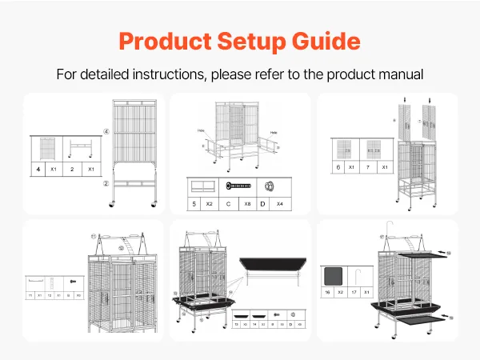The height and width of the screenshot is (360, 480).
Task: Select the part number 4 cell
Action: [x=37, y=170]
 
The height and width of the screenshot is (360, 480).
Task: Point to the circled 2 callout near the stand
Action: [x=105, y=183]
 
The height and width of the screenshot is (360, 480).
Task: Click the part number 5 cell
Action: [x=194, y=204]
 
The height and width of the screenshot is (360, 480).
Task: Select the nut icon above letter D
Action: [x=270, y=186]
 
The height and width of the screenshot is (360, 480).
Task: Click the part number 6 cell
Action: [x=339, y=167]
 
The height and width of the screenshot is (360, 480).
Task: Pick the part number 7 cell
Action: [x=366, y=167]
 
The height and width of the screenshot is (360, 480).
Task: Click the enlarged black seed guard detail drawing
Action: [x=271, y=265]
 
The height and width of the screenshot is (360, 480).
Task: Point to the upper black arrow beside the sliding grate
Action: [x=438, y=254]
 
